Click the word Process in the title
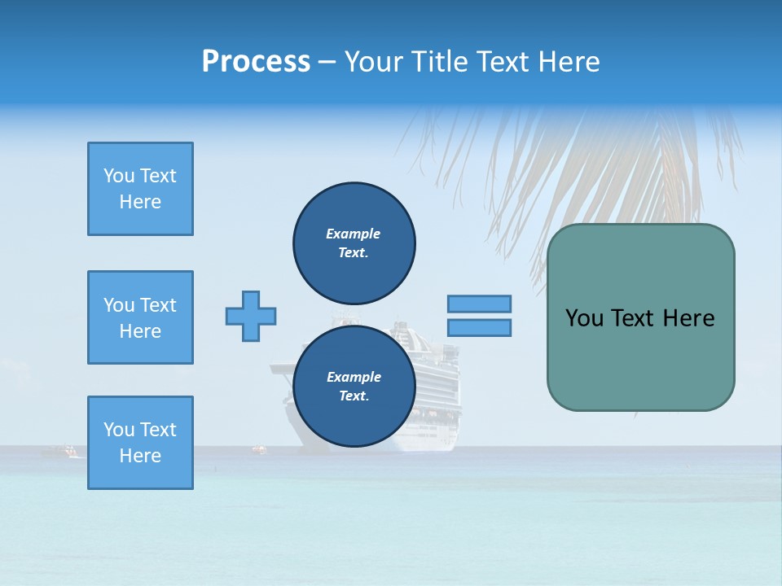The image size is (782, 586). (256, 62)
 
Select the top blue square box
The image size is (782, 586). (140, 189)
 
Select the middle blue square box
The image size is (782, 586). (140, 317)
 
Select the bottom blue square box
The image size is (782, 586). (140, 443)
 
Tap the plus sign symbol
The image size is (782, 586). (251, 316)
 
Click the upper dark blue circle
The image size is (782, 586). (354, 243)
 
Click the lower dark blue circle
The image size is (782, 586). (354, 387)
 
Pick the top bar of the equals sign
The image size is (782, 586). (479, 304)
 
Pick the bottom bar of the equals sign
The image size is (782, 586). (479, 328)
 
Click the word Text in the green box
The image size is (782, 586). (643, 318)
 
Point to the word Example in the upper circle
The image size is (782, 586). (354, 234)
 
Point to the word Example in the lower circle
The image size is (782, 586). (354, 377)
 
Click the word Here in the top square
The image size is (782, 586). (140, 202)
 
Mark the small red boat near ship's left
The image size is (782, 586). (258, 448)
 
